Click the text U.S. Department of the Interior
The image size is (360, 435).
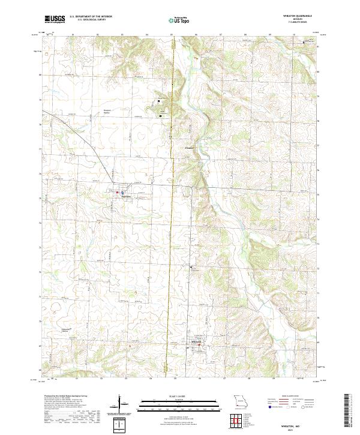click(x=91, y=17)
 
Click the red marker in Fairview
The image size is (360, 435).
click(x=117, y=192)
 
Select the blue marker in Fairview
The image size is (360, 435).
click(x=122, y=193)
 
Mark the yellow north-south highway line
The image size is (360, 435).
click(x=172, y=240)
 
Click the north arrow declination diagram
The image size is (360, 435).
click(x=121, y=404)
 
